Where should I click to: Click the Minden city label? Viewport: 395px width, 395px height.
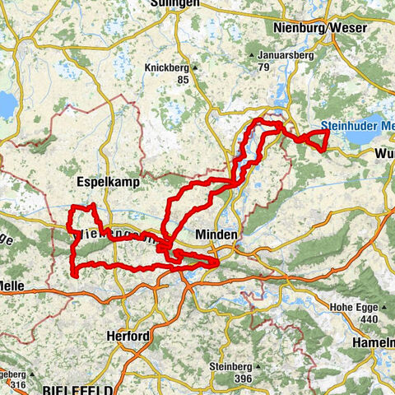tap(216, 235)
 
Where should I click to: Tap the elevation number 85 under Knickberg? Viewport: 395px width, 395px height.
tap(181, 80)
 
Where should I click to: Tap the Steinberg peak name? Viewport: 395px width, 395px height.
tap(233, 366)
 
